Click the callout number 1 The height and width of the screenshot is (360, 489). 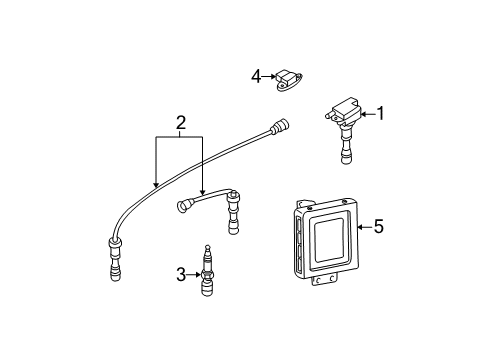click(380, 114)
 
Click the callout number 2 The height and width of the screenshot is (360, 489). click(180, 123)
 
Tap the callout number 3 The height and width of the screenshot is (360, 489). click(181, 275)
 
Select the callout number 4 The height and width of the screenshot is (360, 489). click(256, 77)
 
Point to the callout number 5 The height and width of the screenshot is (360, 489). click(378, 227)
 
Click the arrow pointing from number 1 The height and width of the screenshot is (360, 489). click(368, 114)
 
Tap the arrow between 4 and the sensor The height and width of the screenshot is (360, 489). click(268, 77)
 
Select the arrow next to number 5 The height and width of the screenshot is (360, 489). click(365, 227)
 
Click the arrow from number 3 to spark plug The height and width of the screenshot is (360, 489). click(193, 275)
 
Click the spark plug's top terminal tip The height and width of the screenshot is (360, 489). click(208, 247)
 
